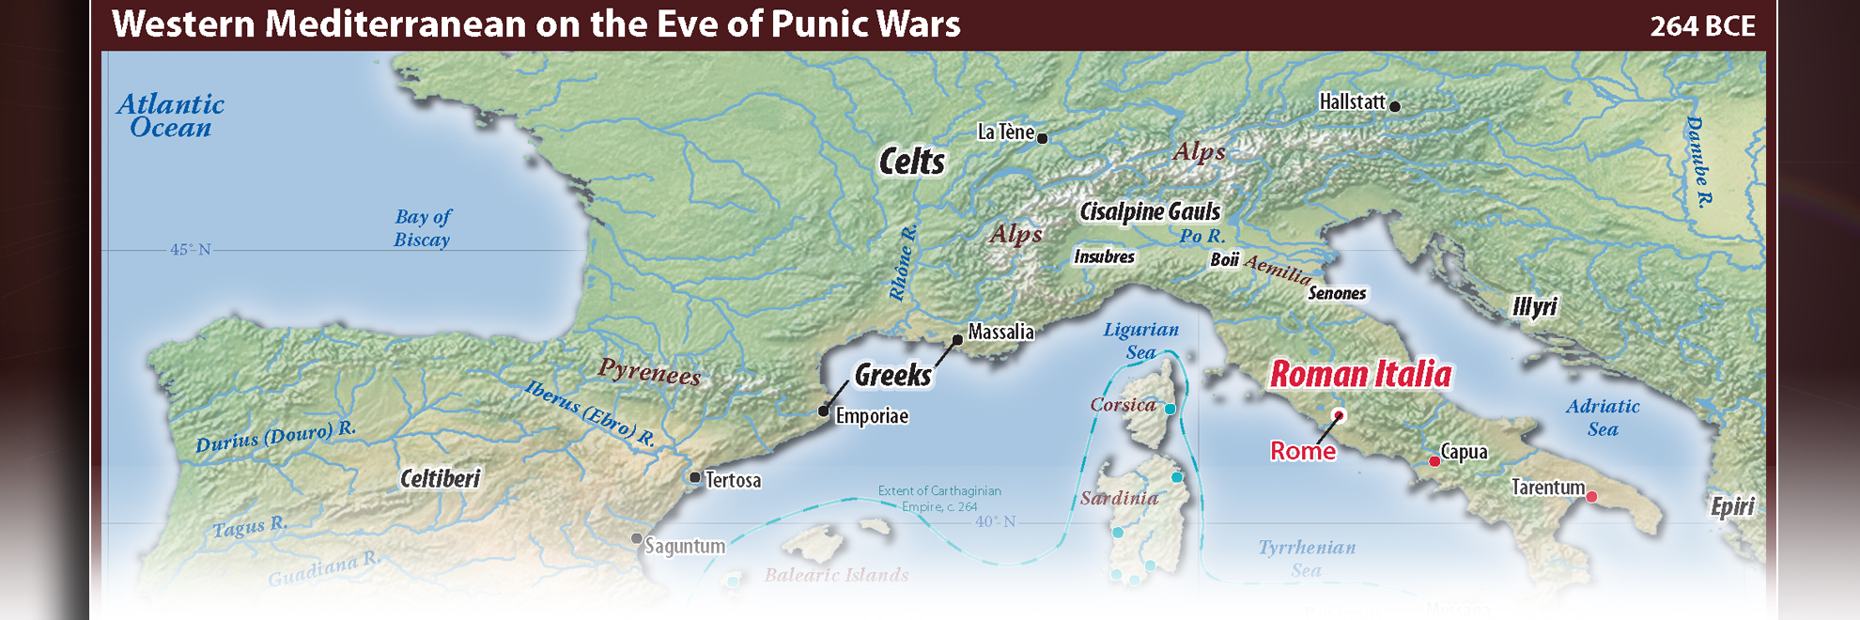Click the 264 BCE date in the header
pyautogui.click(x=1702, y=25)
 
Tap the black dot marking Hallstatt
pyautogui.click(x=1395, y=106)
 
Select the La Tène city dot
pyautogui.click(x=1042, y=138)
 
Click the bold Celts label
pyautogui.click(x=911, y=162)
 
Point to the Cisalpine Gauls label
pyautogui.click(x=1150, y=211)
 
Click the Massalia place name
pyautogui.click(x=1000, y=332)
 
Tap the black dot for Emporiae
pyautogui.click(x=823, y=411)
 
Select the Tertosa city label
pyautogui.click(x=733, y=480)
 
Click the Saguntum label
pyautogui.click(x=685, y=546)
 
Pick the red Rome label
pyautogui.click(x=1302, y=451)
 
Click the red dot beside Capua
pyautogui.click(x=1434, y=461)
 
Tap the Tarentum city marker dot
pyautogui.click(x=1591, y=497)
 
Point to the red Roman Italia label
pyautogui.click(x=1360, y=374)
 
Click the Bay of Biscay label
pyautogui.click(x=422, y=228)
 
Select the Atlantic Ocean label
pyautogui.click(x=170, y=116)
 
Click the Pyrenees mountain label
pyautogui.click(x=649, y=372)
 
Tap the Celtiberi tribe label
pyautogui.click(x=440, y=479)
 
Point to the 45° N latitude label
pyautogui.click(x=190, y=250)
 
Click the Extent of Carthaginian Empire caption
pyautogui.click(x=938, y=498)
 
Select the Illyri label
pyautogui.click(x=1534, y=306)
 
